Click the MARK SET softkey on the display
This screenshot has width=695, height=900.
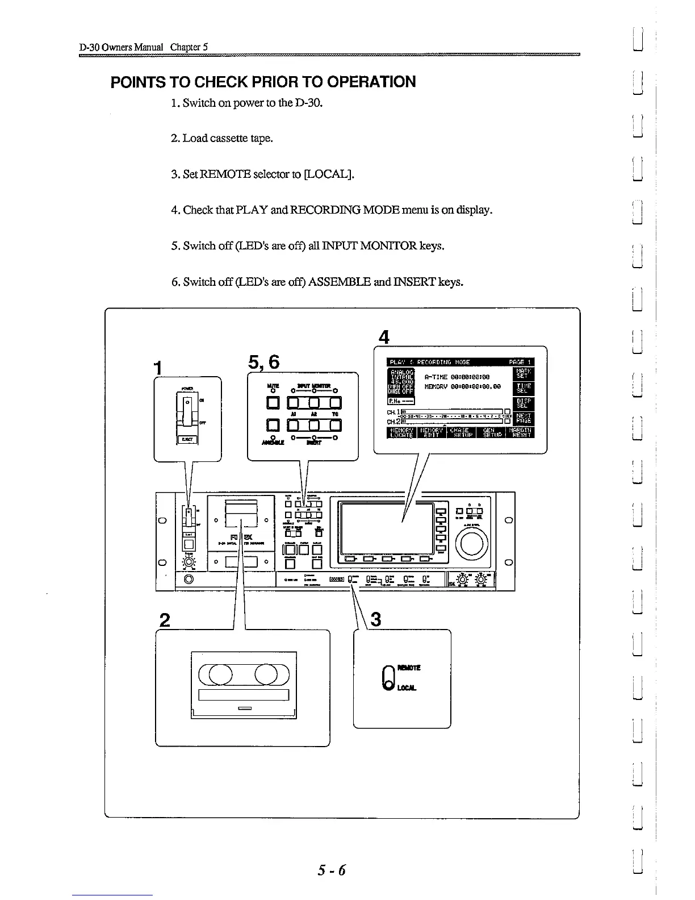pos(522,373)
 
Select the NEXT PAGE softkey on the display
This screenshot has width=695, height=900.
pos(522,418)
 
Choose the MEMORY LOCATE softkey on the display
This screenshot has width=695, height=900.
pos(401,433)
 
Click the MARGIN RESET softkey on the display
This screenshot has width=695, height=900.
pos(521,433)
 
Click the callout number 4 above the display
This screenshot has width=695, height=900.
pos(384,338)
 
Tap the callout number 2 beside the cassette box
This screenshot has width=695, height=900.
pos(165,619)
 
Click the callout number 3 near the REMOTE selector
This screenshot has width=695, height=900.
pos(375,619)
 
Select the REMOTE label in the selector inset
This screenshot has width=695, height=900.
pos(409,668)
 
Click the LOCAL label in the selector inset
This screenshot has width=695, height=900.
pos(407,688)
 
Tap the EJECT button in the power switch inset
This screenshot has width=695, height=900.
pos(187,439)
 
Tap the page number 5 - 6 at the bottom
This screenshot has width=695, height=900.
pos(332,870)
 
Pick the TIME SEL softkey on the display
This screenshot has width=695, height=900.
pos(522,388)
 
